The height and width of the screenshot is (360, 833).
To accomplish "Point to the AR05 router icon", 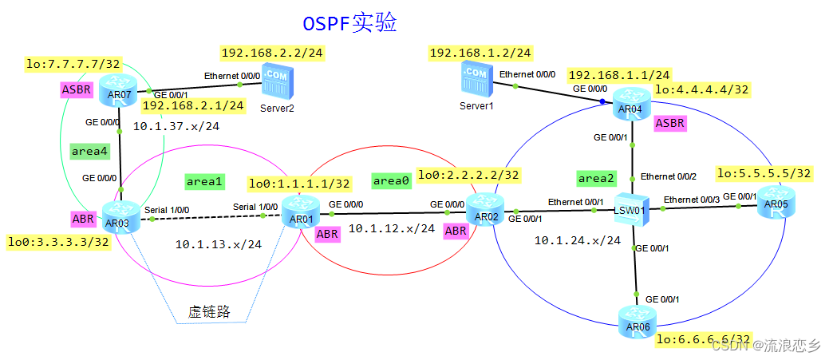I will [x=774, y=200].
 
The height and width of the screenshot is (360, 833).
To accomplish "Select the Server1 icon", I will [x=474, y=81].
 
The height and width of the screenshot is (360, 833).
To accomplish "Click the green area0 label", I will [x=391, y=181].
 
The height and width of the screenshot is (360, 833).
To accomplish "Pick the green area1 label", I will [x=203, y=181].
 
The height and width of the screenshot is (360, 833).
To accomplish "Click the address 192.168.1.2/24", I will [x=480, y=53].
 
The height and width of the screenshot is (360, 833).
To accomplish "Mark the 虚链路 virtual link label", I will [x=209, y=311].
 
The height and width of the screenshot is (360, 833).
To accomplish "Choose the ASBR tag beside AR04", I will [x=669, y=124].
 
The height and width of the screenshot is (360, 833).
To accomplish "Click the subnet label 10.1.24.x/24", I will [x=577, y=239].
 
